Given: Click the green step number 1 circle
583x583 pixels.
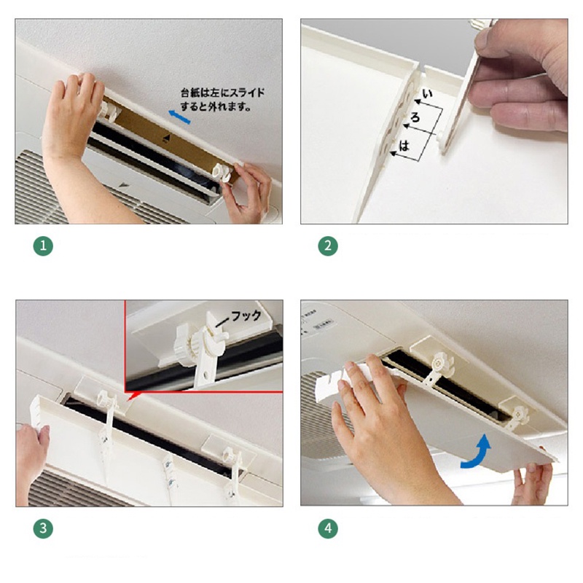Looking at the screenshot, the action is (x=43, y=246).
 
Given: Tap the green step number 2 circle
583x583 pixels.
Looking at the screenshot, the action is (x=328, y=246).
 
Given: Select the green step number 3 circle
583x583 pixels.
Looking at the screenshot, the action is (x=43, y=528).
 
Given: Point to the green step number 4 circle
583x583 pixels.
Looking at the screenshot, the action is (x=328, y=528).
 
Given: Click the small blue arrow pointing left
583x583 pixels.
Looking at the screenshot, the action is (x=179, y=117).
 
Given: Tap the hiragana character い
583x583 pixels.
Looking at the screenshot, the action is (x=428, y=94).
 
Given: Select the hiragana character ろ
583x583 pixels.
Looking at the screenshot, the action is (x=415, y=117).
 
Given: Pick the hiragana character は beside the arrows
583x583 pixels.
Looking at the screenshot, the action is (x=404, y=145).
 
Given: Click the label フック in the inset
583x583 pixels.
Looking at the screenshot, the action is (x=246, y=316).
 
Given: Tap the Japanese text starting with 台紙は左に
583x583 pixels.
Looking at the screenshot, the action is (x=222, y=100).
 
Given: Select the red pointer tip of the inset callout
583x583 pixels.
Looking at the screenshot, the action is (x=128, y=400).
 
